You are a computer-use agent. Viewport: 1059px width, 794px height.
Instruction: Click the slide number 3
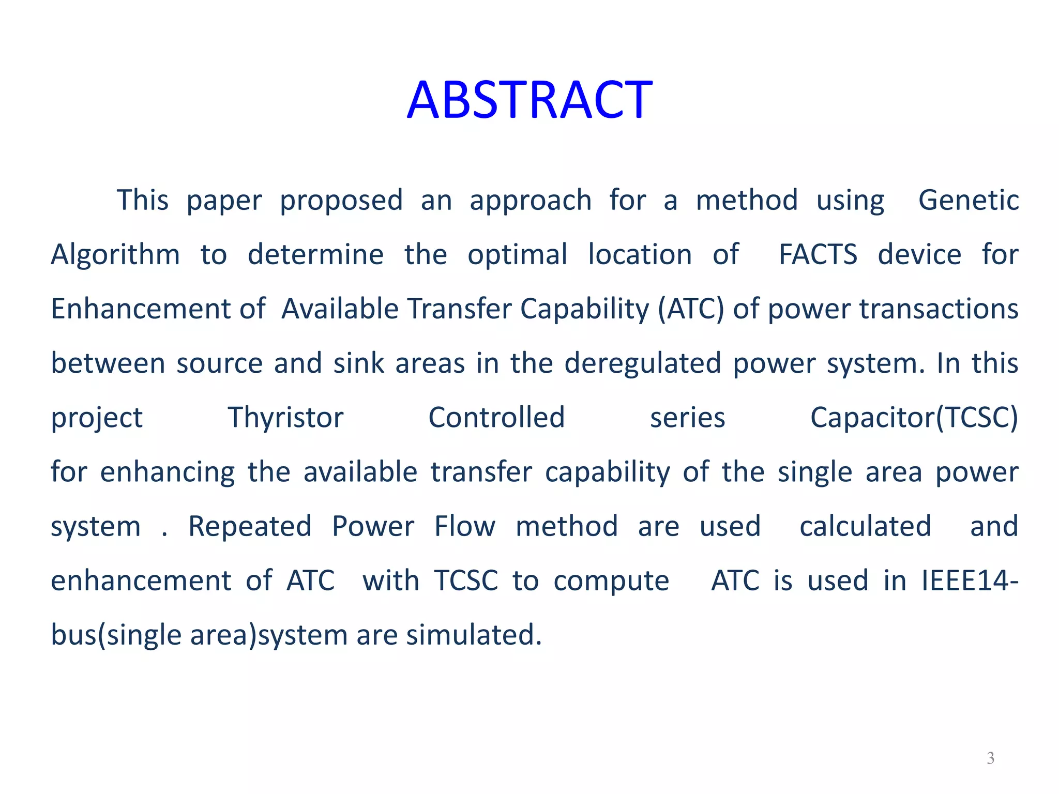click(990, 758)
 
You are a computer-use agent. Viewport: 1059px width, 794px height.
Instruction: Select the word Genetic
click(968, 201)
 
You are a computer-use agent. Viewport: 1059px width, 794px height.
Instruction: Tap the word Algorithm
click(115, 255)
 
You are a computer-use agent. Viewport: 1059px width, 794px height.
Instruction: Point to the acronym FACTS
click(818, 255)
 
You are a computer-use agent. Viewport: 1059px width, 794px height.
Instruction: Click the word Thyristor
click(285, 418)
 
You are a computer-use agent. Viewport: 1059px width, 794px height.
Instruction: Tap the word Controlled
click(496, 418)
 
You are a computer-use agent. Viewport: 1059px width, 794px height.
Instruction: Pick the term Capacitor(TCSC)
click(914, 418)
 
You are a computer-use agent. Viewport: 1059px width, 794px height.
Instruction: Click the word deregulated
click(642, 363)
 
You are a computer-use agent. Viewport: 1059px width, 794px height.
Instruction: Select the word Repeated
click(250, 527)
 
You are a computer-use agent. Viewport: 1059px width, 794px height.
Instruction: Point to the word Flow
click(465, 527)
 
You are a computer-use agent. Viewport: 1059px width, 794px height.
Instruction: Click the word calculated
click(865, 527)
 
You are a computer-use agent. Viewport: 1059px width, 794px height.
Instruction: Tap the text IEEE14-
click(970, 581)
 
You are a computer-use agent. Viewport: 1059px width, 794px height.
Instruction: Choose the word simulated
click(474, 635)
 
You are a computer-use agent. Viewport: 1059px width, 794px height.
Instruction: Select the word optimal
click(517, 255)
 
